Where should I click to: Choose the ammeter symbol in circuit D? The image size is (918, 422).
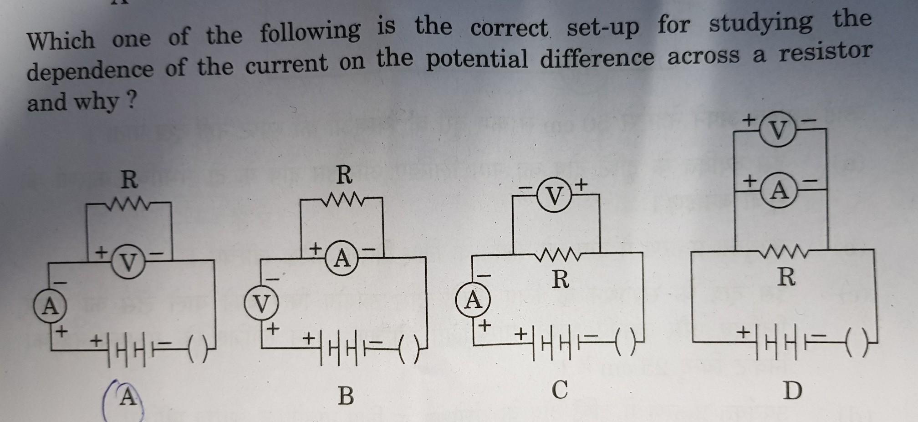780,191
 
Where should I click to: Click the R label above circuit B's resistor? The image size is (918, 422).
344,175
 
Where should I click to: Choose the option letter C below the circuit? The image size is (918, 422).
560,389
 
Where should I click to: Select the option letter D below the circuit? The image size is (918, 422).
792,391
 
